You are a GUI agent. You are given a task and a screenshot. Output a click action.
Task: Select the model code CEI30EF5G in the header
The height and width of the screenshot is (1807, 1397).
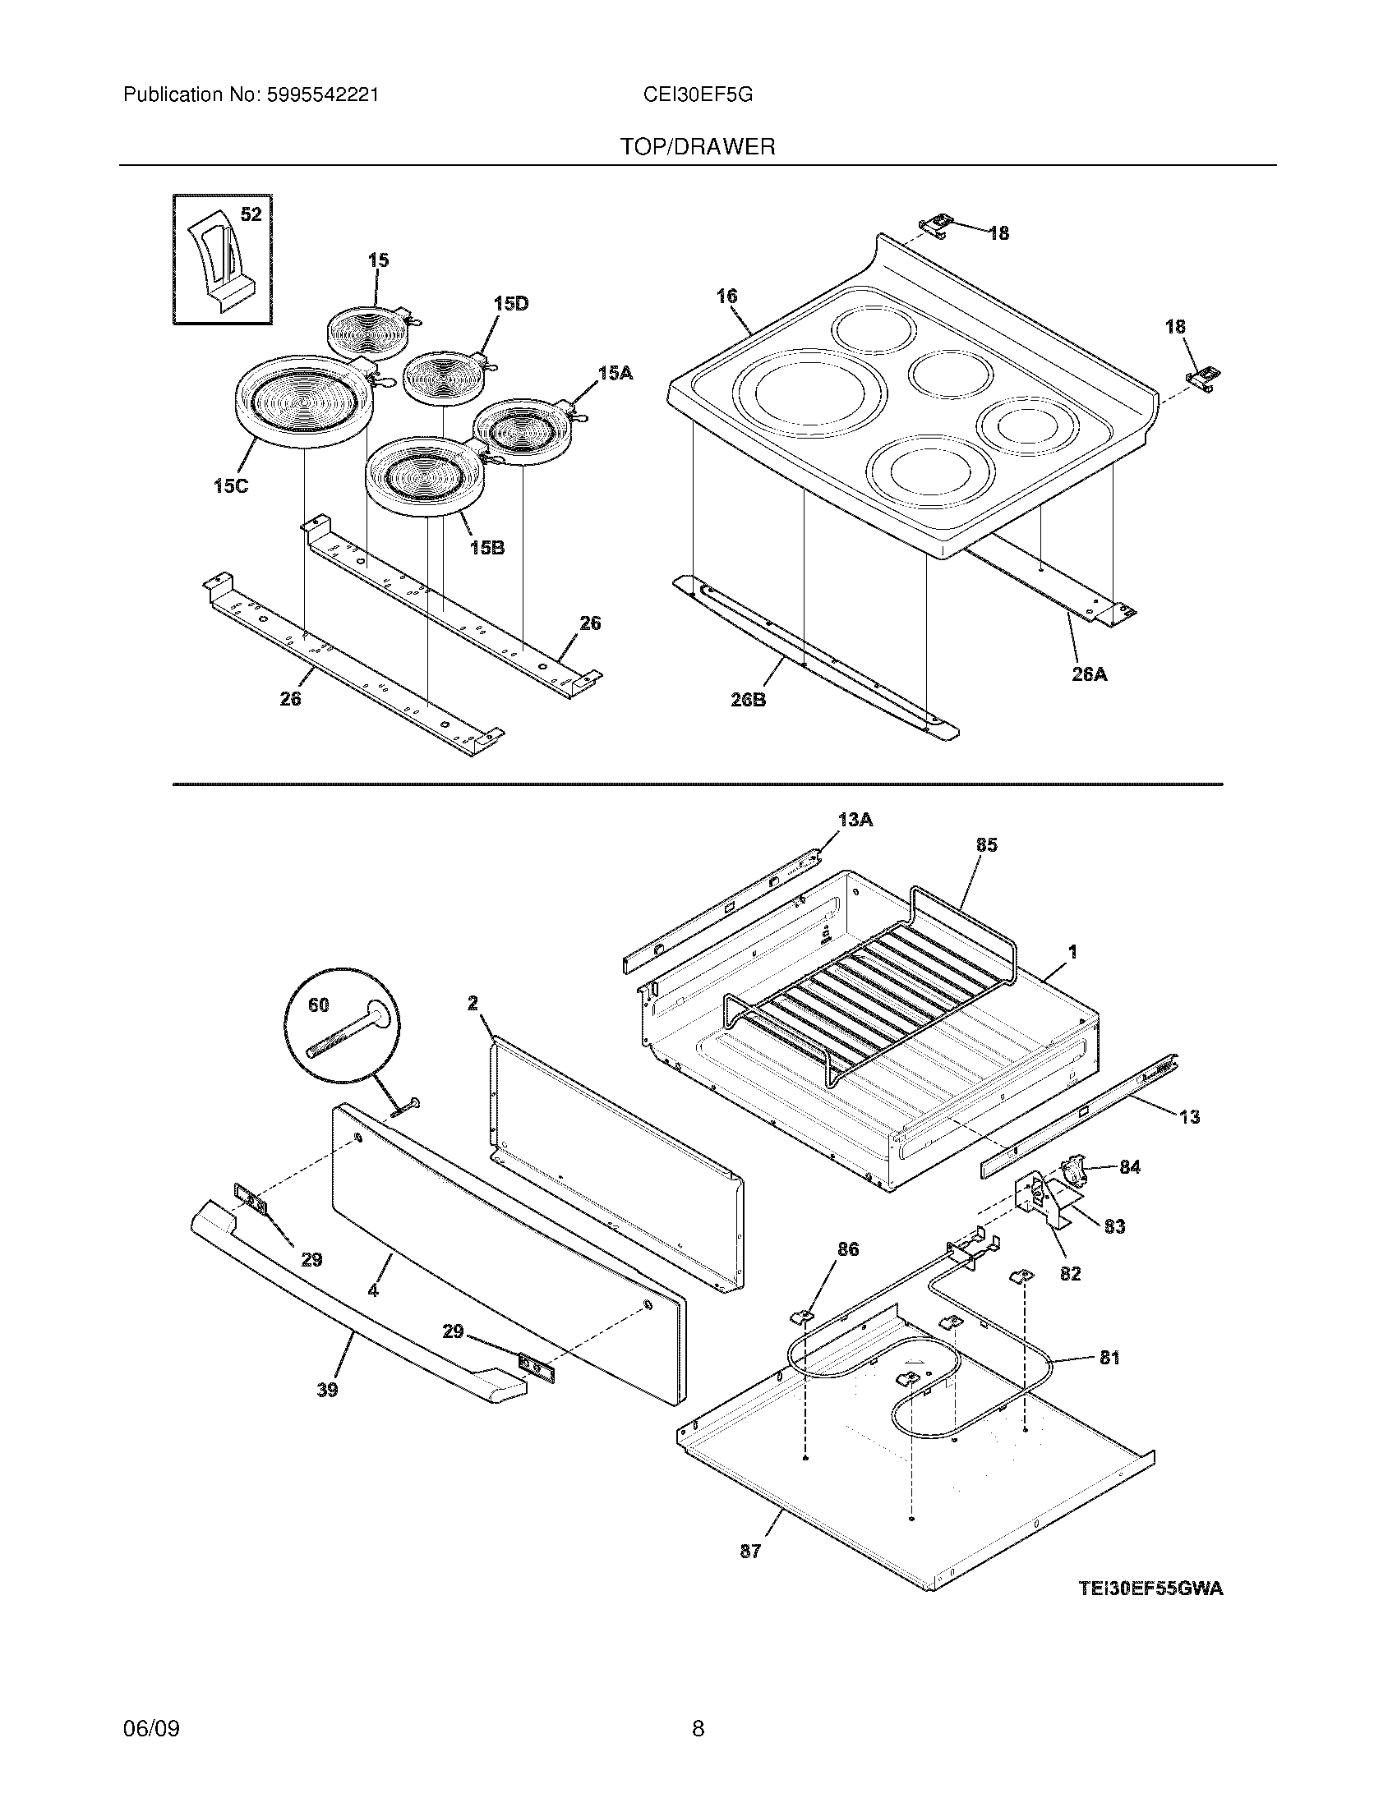coord(698,95)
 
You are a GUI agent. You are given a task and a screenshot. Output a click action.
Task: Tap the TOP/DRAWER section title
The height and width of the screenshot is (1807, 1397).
coord(698,147)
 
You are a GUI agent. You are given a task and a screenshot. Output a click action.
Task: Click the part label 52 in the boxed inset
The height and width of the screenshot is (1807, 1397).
coord(251,215)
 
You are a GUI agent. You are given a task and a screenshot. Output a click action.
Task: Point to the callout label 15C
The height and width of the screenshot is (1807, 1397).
coord(230,486)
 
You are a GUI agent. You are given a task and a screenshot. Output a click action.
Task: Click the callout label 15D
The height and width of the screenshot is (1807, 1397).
coord(510,304)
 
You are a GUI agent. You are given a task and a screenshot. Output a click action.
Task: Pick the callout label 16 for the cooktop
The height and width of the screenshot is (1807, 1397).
coord(727,296)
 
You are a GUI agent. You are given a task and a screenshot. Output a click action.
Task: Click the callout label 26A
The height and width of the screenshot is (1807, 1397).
coord(1089,674)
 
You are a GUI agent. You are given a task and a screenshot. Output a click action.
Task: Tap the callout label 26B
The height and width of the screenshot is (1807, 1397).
coord(747,700)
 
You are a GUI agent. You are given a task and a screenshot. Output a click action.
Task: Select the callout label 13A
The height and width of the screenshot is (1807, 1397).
coord(855,820)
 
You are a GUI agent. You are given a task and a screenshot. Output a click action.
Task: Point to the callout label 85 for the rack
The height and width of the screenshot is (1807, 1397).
coord(986,844)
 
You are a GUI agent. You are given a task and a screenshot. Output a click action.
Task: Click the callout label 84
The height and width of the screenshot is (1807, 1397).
coord(1130,1166)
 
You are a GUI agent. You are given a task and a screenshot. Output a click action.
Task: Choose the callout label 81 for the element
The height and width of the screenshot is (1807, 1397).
coord(1109,1358)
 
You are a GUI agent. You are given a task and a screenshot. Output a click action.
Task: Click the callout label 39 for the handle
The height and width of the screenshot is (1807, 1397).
coord(328,1391)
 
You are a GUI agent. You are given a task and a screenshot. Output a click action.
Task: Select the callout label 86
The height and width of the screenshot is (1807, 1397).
coord(848,1249)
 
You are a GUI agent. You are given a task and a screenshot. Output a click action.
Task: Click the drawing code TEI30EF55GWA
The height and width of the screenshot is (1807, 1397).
coord(1150,1589)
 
